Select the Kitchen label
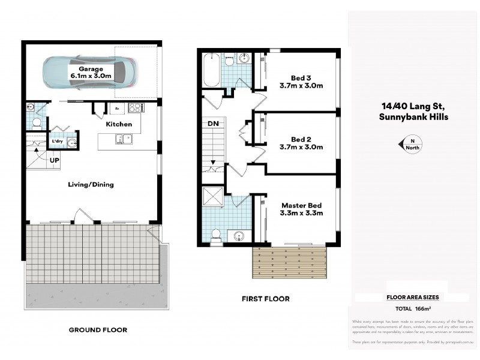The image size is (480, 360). point(119,124)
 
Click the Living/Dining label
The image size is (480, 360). point(91,185)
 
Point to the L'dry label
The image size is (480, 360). point(58,141)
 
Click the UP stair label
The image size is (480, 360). point(53,161)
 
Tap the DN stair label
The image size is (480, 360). point(213,124)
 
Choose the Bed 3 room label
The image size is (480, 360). point(301,81)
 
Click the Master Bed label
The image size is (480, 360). point(302,208)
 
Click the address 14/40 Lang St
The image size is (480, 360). point(413,106)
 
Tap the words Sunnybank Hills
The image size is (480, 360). point(413,116)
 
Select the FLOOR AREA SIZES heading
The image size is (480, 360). point(412,297)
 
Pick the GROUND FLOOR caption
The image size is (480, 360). point(98,329)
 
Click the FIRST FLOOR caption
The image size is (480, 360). point(265,298)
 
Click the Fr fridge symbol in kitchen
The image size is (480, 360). point(116,109)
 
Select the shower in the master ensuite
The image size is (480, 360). point(212,197)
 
